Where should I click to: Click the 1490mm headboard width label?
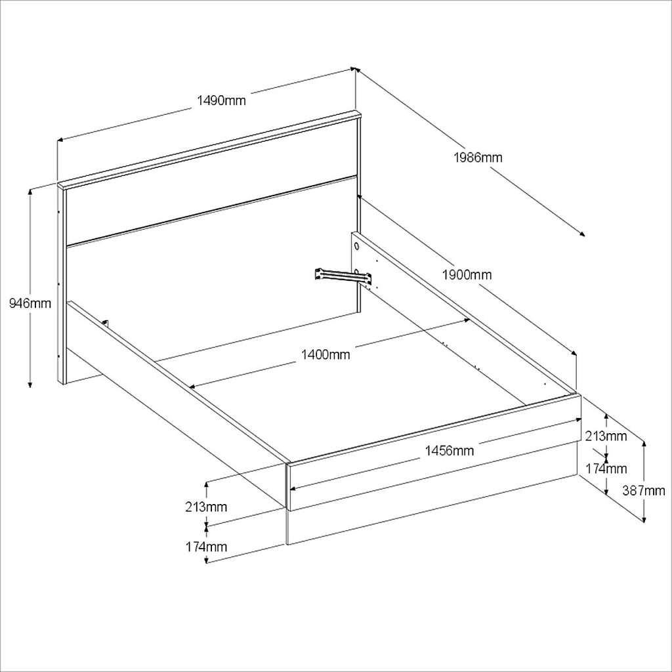coord(221,100)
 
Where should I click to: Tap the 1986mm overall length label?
coord(478,157)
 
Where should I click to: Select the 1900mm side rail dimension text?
coord(467,274)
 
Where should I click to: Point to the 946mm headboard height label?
coord(30,303)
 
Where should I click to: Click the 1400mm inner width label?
coord(325,355)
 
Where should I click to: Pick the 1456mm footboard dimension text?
coord(450,451)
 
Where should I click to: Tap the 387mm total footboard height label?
coord(644,490)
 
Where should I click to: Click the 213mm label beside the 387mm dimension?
coord(606,436)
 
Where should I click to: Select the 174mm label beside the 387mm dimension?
coord(606,469)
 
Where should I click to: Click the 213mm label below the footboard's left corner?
coord(206,507)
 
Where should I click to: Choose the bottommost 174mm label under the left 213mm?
coord(206,547)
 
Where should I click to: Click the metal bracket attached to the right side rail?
coord(341,276)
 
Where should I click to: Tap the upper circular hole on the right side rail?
coord(356,247)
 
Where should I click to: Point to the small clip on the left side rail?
coord(106,324)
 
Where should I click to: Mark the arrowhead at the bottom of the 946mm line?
coord(30,383)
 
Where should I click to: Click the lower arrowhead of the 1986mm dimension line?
coord(581,234)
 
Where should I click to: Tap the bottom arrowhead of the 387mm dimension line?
coord(644,518)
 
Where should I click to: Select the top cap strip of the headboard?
coord(210,150)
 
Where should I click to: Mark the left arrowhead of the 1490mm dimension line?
coord(61,139)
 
